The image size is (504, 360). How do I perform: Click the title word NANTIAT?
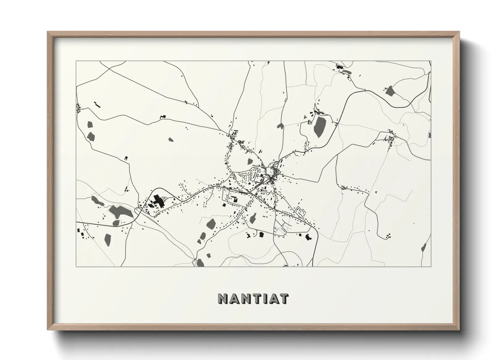253,299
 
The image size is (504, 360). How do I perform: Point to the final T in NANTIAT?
284,299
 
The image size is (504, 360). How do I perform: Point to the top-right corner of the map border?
431,61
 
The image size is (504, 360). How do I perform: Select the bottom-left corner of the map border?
76,266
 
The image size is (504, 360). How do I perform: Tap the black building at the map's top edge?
339,67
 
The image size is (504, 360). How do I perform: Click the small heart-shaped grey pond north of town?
280,126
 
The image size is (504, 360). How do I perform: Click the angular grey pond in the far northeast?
390,91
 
